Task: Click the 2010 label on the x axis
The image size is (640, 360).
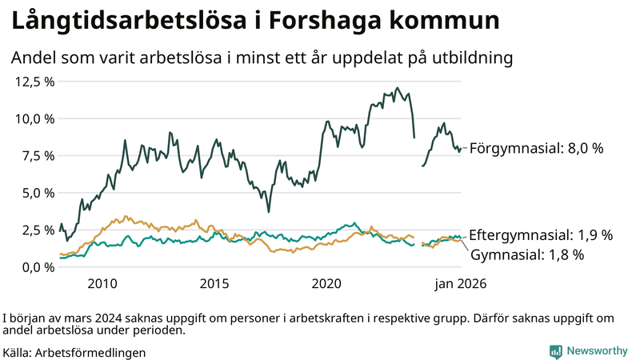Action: [102, 284]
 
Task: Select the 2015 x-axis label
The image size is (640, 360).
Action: [214, 284]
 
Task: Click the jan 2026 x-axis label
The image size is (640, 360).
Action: [460, 284]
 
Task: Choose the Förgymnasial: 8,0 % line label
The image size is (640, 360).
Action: [536, 148]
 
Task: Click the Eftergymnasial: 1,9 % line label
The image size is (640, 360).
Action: [541, 235]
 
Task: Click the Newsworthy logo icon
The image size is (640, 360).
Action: [555, 351]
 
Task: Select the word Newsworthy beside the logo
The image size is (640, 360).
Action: [597, 351]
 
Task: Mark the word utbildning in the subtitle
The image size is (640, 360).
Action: [474, 58]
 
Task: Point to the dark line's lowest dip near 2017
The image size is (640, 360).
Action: [268, 211]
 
